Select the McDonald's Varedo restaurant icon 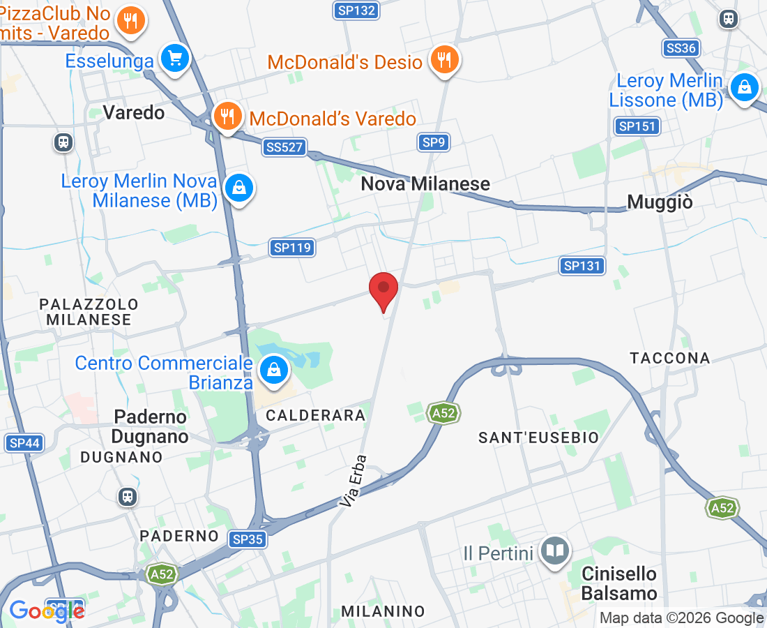click(x=227, y=116)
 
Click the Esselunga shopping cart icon click(x=174, y=58)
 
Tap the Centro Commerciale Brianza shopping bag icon click(x=275, y=370)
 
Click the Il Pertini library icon click(x=555, y=552)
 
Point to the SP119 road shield click(x=292, y=247)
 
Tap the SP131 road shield click(x=582, y=266)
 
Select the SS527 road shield click(x=284, y=147)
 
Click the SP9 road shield click(x=433, y=143)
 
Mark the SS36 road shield click(x=681, y=47)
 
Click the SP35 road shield click(x=248, y=539)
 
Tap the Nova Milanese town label click(x=425, y=184)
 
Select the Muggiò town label click(x=660, y=202)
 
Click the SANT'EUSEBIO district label click(x=538, y=438)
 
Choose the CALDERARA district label click(x=316, y=415)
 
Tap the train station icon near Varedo click(x=63, y=142)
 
